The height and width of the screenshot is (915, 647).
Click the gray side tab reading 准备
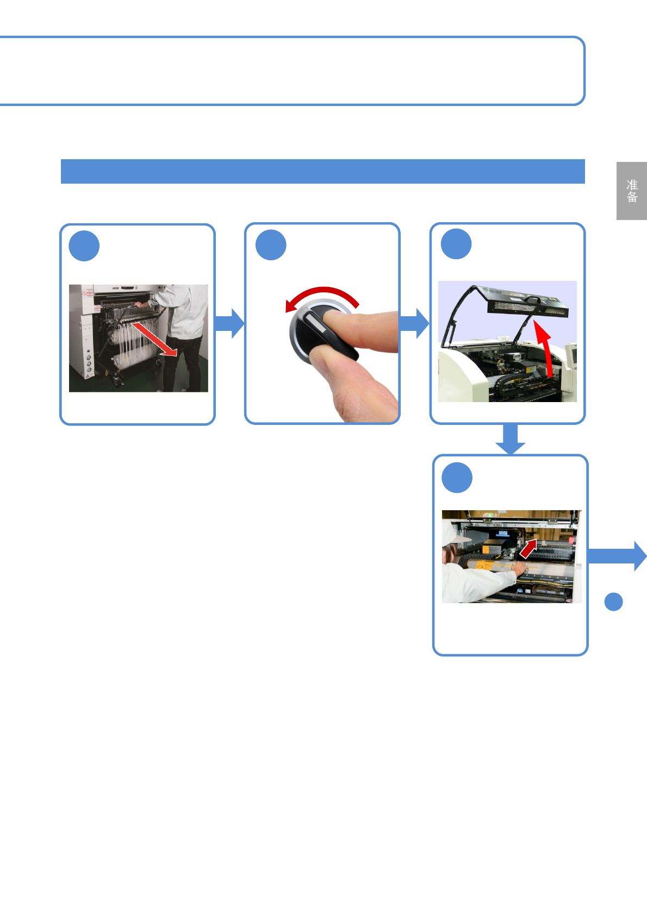631,191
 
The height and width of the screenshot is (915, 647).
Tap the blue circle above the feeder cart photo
84,246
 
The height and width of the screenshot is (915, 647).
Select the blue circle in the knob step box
271,245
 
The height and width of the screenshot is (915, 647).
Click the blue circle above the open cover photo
456,244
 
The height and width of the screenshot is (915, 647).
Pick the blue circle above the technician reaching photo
457,478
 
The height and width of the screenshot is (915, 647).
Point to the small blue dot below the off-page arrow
613,601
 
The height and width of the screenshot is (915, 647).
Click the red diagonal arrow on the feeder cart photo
154,339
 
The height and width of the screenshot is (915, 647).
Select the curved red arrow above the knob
323,296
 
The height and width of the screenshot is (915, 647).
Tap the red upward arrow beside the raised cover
545,348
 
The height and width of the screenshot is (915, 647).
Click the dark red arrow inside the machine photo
528,549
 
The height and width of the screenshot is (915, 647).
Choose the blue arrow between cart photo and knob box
229,323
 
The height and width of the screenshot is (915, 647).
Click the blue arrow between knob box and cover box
414,323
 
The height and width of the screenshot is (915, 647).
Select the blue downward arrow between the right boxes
510,438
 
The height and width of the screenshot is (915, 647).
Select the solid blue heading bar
322,172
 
